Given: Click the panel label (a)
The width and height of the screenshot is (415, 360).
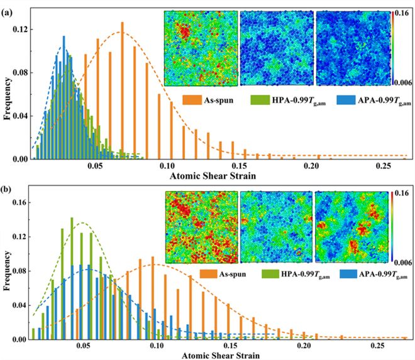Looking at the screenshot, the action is point(7,13).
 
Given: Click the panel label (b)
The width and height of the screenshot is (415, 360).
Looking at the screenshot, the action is point(7,189).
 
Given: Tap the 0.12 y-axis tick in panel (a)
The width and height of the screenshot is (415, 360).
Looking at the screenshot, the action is point(20,29).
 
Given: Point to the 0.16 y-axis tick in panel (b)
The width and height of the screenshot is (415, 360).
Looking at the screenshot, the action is point(20,202).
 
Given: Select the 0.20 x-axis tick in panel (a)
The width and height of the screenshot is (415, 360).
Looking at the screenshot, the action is point(311,166).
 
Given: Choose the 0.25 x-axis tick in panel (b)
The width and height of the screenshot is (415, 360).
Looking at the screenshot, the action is point(377,346).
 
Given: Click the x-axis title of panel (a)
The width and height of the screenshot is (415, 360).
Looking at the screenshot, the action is point(213,176).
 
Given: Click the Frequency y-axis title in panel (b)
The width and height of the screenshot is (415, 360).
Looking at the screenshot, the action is point(8,271).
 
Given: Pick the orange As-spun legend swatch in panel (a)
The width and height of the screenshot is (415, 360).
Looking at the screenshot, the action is point(191,100).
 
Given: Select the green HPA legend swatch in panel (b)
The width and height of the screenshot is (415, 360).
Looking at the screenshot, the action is point(270,274).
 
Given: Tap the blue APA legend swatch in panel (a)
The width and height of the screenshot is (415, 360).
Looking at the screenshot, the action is point(345,100).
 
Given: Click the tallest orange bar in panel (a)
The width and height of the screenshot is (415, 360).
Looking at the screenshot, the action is point(122,90).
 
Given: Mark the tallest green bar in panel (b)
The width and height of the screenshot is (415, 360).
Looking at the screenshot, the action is point(72,278).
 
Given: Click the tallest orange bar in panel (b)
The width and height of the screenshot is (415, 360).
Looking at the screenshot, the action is point(152,298).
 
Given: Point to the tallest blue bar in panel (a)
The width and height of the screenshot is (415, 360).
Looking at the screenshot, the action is point(64,97).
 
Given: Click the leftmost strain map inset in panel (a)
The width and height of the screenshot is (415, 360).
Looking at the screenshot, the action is point(201,48).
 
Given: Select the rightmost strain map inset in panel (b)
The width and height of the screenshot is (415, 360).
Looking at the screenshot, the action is point(351,227).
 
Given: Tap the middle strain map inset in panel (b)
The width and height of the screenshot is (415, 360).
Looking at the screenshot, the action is point(276,227).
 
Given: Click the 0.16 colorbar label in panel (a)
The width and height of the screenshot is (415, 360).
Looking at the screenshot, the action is point(402,13).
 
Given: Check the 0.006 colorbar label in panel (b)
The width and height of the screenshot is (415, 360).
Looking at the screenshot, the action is point(403,263).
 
